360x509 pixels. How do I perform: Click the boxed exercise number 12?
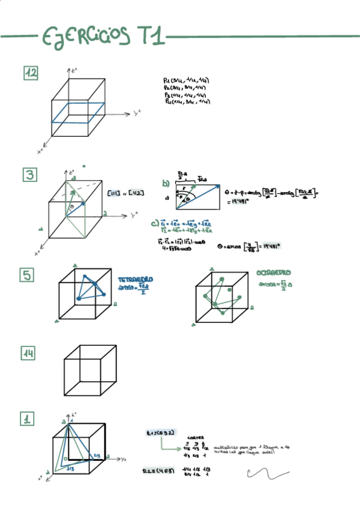tap(31, 73)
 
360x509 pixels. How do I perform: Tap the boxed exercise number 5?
tap(28, 275)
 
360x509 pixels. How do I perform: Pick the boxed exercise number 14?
tap(28, 354)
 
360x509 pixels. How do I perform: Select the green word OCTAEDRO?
tap(274, 273)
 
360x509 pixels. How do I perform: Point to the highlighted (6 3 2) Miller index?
tap(160, 432)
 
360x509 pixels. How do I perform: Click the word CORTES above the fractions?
tap(195, 438)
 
